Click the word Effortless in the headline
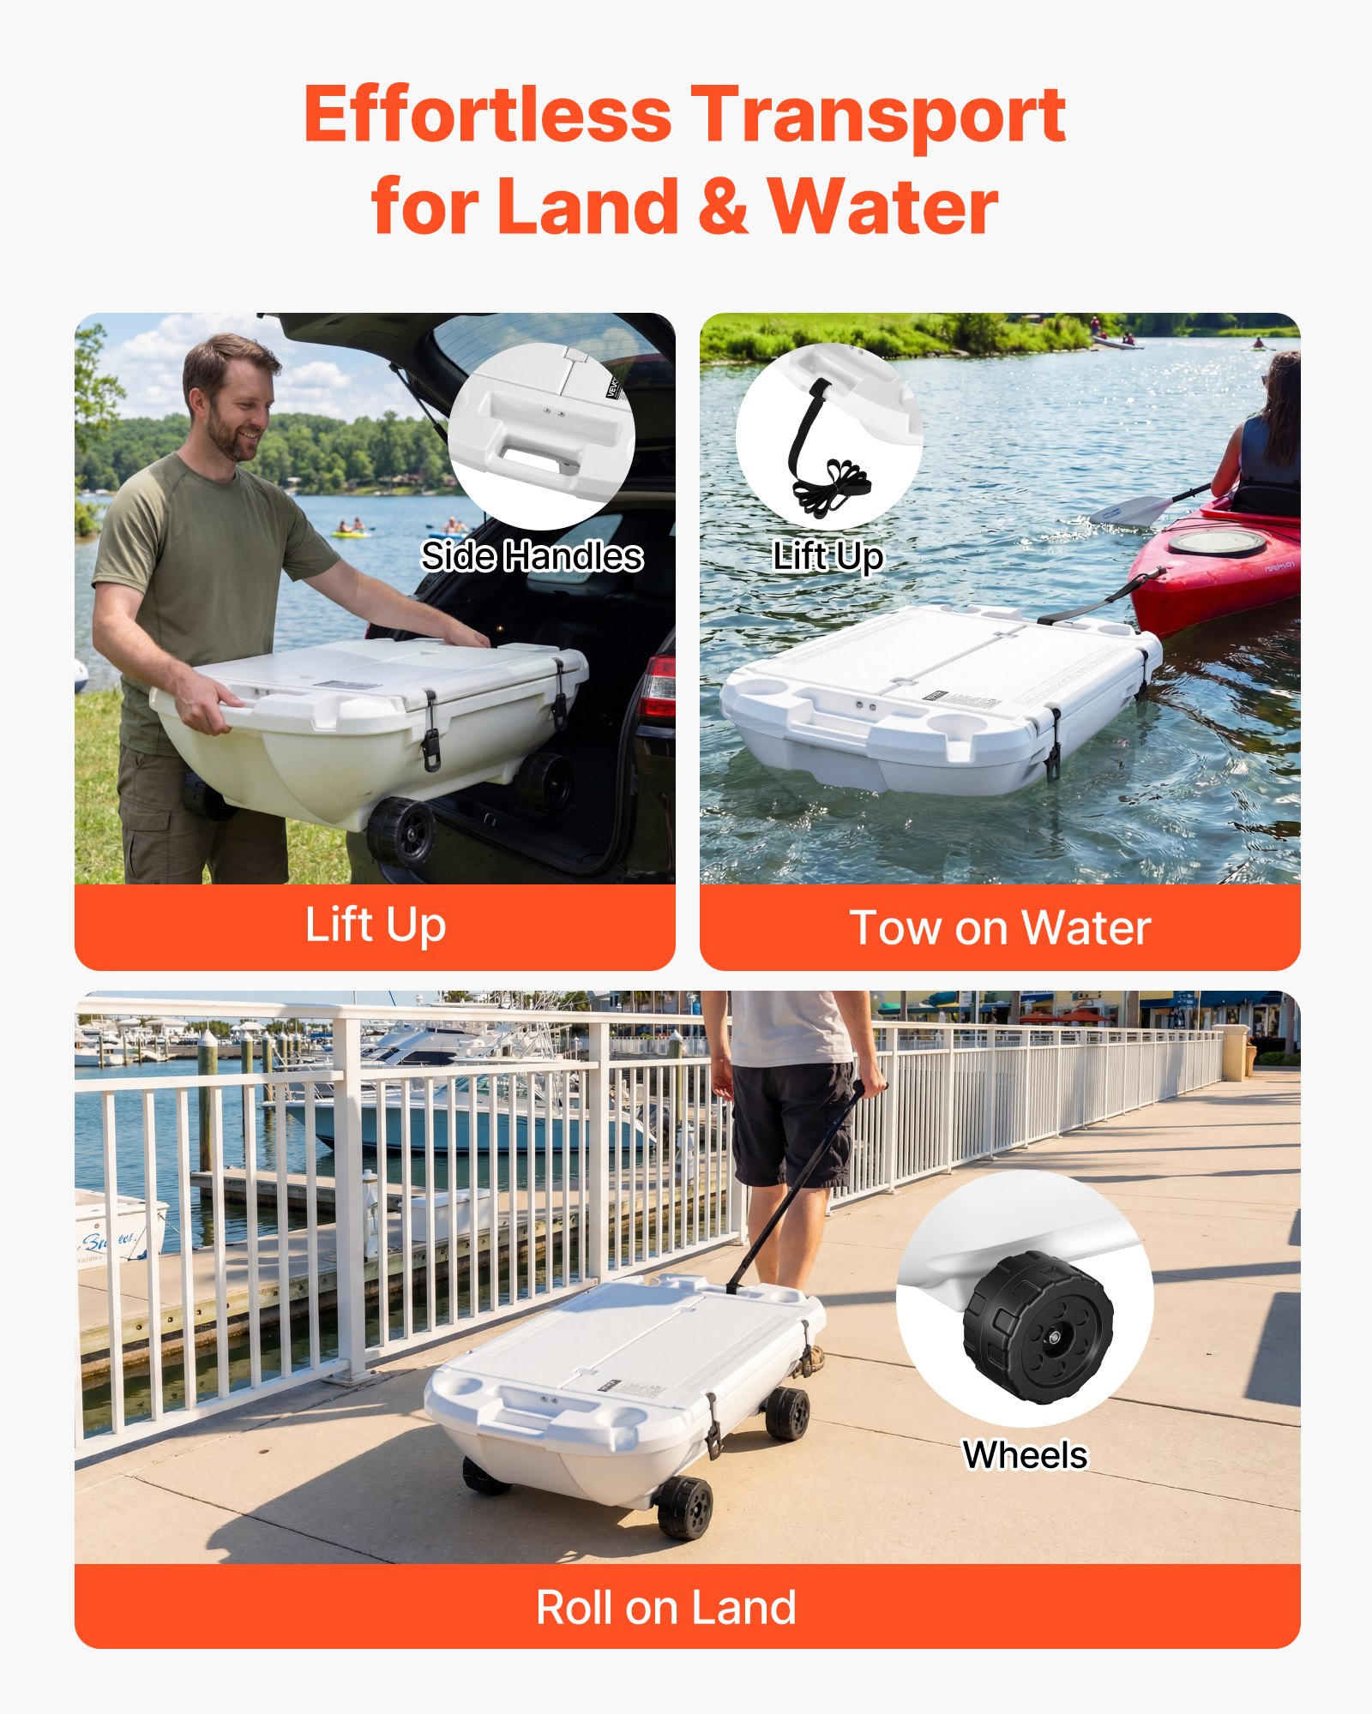[487, 116]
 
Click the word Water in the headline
[883, 206]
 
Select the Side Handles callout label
[532, 557]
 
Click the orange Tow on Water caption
[1000, 928]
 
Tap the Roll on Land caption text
[665, 1608]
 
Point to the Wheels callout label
[1025, 1455]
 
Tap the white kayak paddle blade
[1128, 510]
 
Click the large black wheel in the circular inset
[1038, 1328]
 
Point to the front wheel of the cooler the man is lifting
[401, 831]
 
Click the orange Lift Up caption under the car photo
[375, 926]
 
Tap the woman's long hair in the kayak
[1283, 403]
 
